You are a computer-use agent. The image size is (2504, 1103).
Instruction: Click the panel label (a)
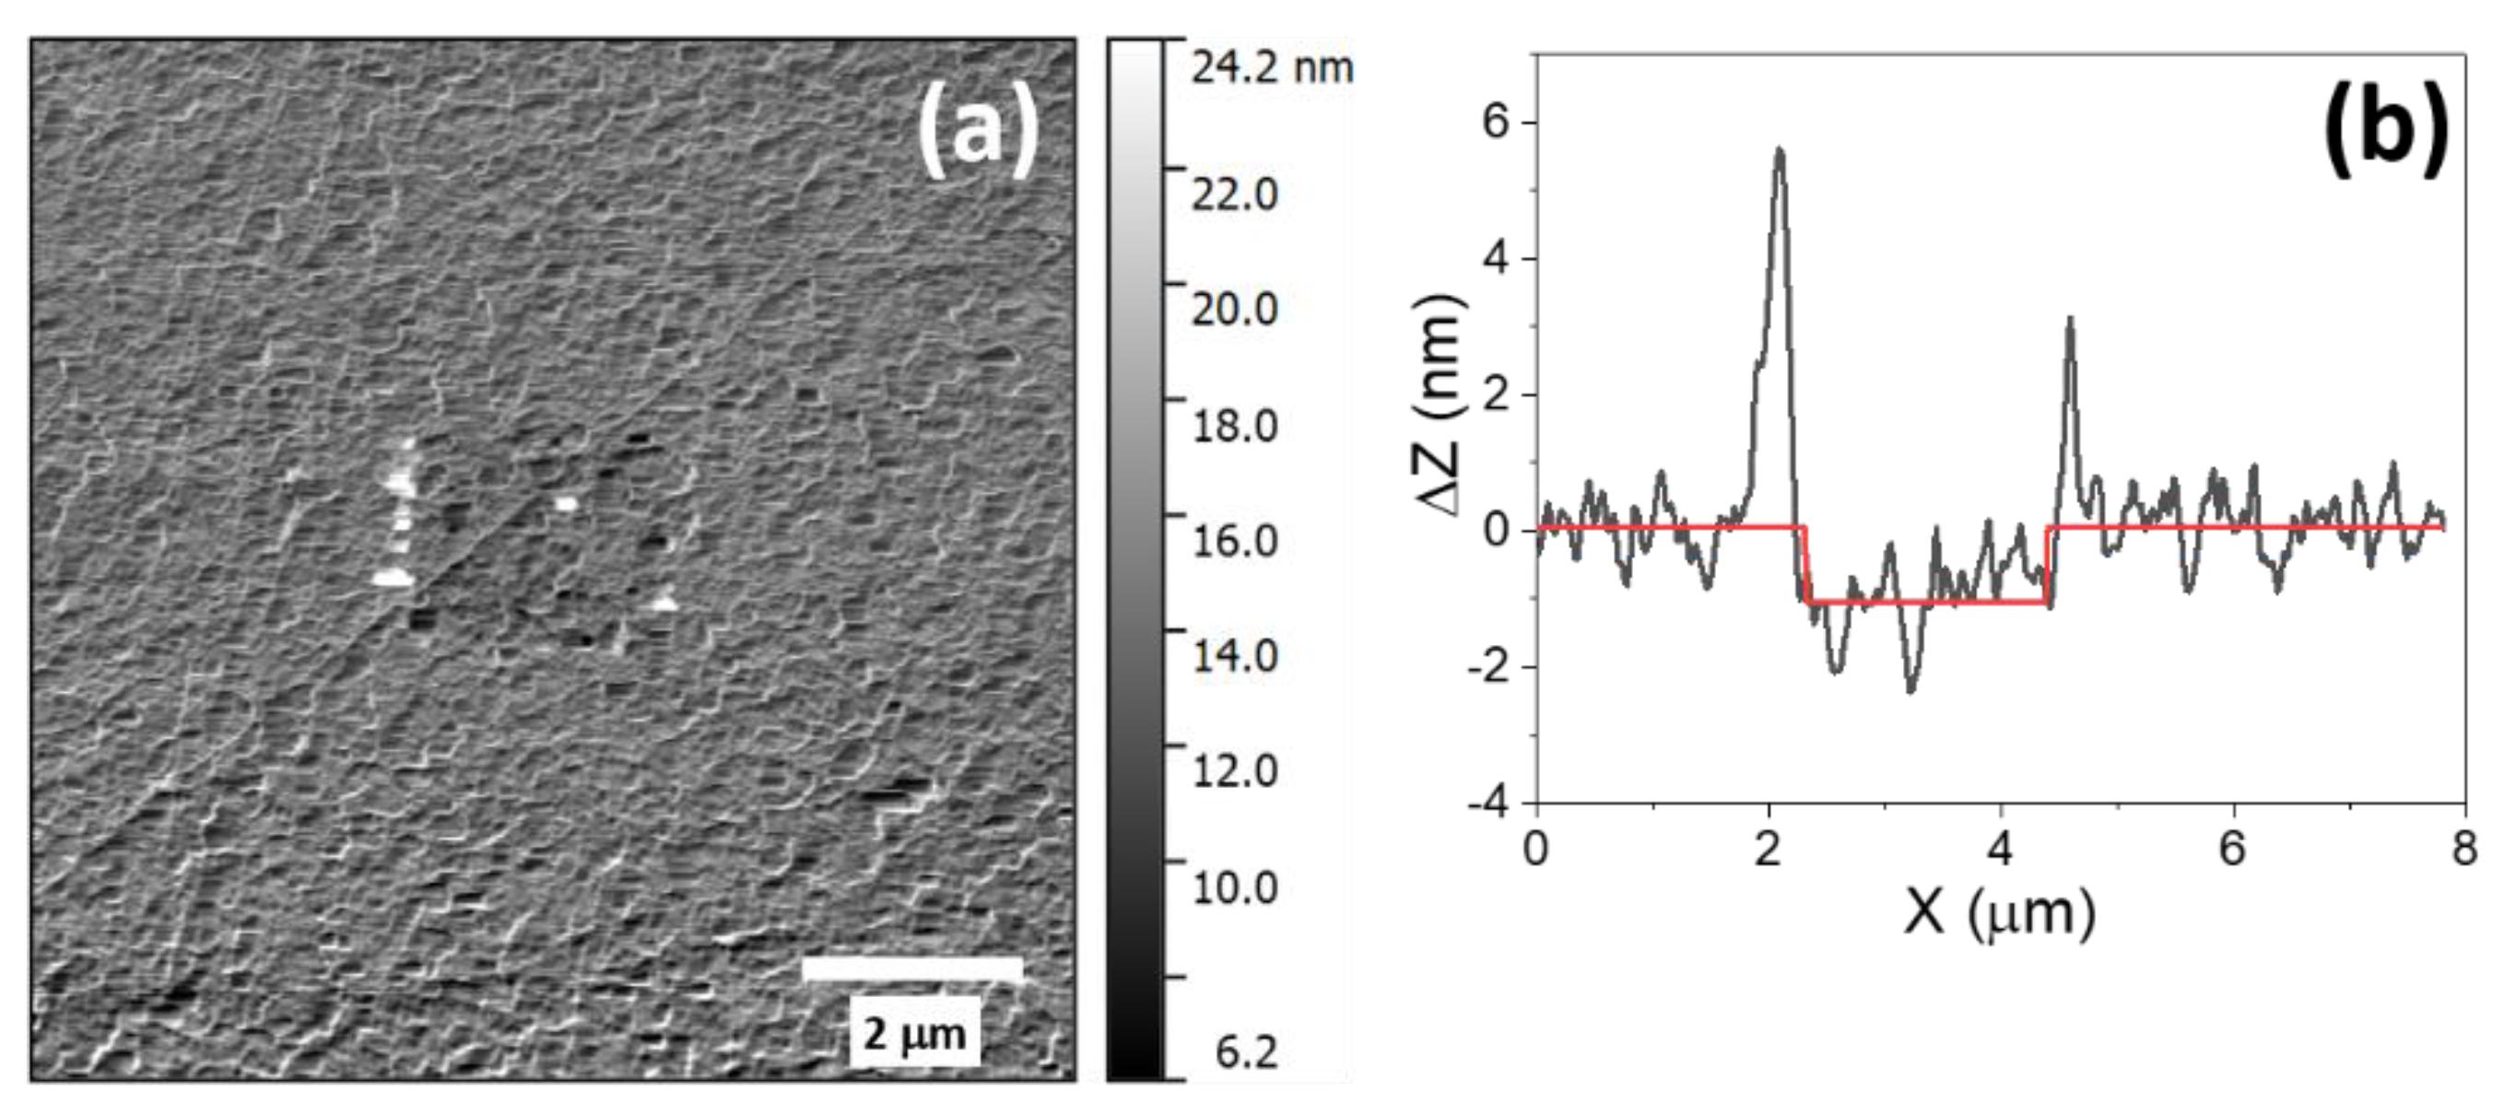point(978,130)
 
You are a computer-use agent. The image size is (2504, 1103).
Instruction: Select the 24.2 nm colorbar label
point(1272,68)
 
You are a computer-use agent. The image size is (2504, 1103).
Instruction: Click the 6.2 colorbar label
point(1246,1052)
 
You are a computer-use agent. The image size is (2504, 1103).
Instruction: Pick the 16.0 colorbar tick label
point(1235,540)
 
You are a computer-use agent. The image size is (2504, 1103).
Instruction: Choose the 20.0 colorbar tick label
point(1235,310)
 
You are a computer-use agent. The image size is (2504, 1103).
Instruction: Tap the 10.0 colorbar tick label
point(1235,887)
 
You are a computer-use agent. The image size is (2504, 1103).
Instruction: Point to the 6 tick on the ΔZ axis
point(1496,123)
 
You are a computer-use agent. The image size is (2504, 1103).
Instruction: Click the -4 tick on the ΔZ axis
point(1487,804)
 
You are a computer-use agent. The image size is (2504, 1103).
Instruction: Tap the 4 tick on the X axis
point(2000,850)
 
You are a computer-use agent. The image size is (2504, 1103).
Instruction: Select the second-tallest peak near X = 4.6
point(2070,319)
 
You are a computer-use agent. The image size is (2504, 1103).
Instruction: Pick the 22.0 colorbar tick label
point(1235,195)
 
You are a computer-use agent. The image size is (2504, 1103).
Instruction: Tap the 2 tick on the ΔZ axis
point(1496,395)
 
